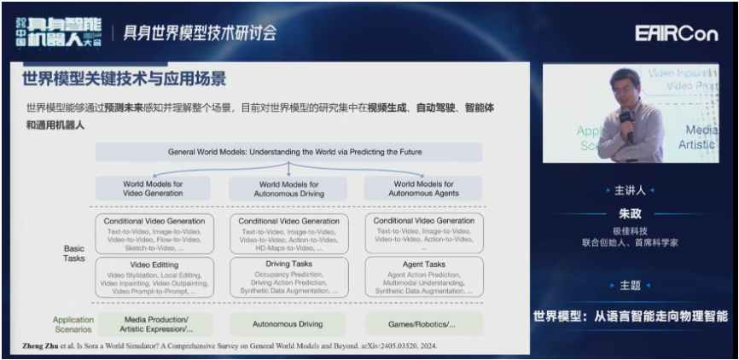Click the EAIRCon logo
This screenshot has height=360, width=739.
click(677, 33)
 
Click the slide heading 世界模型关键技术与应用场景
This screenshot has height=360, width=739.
click(124, 79)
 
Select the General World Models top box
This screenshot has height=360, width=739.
click(288, 152)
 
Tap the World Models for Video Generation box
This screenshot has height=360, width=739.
click(153, 188)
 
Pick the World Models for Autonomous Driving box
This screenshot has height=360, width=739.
click(288, 188)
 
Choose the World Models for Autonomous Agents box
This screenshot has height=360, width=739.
click(423, 188)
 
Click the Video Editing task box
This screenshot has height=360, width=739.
click(154, 277)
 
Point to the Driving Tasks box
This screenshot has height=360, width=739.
click(288, 277)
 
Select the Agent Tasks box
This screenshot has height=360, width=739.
click(423, 277)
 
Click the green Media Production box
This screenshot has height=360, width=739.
click(154, 323)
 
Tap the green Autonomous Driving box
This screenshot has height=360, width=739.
click(288, 324)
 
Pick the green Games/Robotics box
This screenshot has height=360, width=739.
click(423, 324)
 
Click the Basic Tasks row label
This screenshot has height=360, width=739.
click(74, 253)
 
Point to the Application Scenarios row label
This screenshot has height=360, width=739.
click(73, 324)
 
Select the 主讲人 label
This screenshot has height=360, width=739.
click(630, 190)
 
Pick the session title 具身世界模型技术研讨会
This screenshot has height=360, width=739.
click(201, 33)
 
